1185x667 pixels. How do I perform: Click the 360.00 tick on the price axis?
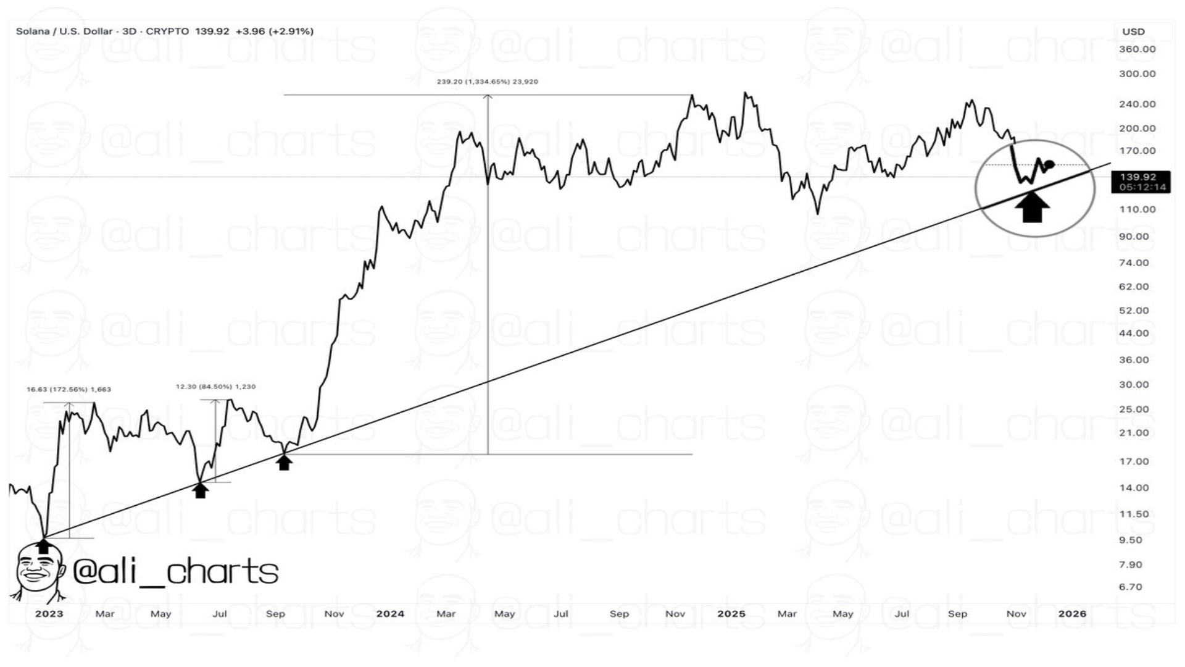pos(1137,49)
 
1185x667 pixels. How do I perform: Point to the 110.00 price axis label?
pos(1137,209)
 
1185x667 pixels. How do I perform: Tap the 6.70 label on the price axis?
pos(1130,587)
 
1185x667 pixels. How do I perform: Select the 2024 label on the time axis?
pos(390,614)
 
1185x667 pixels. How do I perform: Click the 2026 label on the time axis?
pos(1072,614)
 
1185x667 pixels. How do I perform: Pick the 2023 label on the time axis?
pos(49,614)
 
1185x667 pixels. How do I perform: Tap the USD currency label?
pos(1133,31)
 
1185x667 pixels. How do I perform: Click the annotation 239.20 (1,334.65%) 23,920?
pos(487,82)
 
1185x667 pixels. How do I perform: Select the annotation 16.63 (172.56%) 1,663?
pos(69,390)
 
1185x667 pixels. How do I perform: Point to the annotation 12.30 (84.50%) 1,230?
pos(215,387)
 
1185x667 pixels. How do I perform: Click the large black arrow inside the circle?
pos(1032,208)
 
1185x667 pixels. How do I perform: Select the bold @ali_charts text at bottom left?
pos(175,571)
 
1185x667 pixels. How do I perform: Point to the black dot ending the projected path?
pos(1050,164)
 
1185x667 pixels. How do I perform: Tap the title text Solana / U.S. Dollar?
pos(64,31)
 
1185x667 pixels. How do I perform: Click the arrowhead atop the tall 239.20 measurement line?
pos(488,97)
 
